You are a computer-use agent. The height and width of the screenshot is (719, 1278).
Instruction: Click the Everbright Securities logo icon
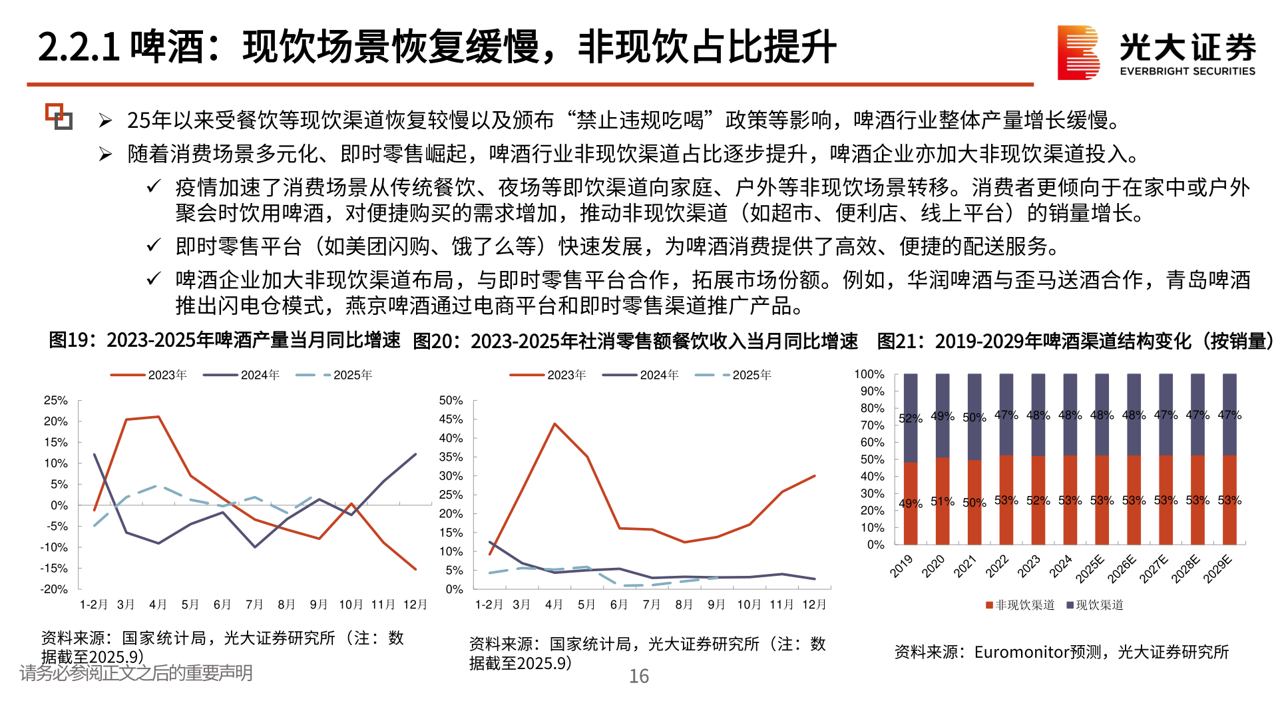pos(1078,53)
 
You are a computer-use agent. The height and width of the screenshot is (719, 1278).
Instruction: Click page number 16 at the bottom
pos(639,676)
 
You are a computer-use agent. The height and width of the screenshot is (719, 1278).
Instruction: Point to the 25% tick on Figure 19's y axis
pos(56,400)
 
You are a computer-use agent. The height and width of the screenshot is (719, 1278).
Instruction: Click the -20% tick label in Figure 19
pos(54,589)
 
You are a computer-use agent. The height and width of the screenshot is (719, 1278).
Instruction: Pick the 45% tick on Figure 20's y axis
pos(451,419)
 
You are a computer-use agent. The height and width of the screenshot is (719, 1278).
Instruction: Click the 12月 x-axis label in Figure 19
pos(415,604)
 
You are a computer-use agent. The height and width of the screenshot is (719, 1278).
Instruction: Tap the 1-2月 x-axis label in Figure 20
pos(489,604)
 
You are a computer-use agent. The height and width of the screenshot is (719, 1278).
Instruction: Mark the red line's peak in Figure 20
pos(554,423)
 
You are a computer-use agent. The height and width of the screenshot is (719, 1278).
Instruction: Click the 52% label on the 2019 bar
pos(910,418)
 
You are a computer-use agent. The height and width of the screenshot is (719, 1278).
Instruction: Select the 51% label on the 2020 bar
pos(942,501)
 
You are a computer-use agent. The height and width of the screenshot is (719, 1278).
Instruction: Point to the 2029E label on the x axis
pos(1218,569)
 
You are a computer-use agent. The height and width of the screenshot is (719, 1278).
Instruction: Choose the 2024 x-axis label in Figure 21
pos(1060,567)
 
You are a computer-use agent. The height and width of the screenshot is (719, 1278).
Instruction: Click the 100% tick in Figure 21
pos(869,374)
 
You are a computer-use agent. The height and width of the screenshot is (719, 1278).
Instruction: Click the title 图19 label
pos(69,340)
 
